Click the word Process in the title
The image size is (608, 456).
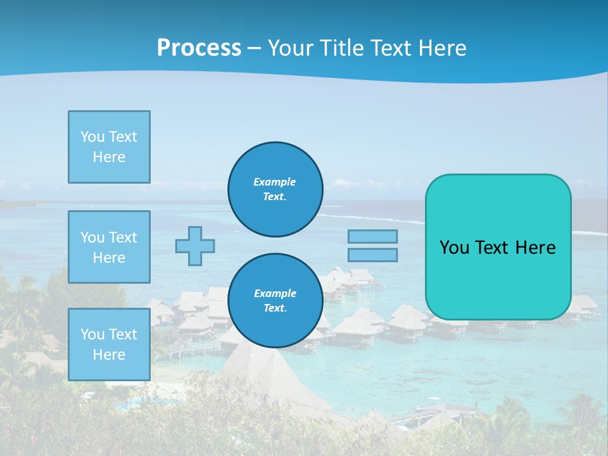[x=199, y=48]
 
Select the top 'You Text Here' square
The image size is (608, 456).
[x=109, y=147]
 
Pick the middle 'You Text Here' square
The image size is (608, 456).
[x=109, y=247]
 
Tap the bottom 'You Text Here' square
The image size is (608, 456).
[x=109, y=345]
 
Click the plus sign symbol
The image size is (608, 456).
[x=195, y=246]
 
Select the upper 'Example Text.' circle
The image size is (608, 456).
[x=275, y=189]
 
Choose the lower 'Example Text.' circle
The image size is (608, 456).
[x=275, y=301]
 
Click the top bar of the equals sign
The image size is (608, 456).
[x=372, y=237]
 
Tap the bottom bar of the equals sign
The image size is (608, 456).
[x=372, y=255]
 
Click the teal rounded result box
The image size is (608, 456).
[x=498, y=279]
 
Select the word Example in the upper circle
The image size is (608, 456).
[x=275, y=182]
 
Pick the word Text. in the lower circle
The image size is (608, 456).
[x=275, y=308]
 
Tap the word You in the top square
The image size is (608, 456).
[x=92, y=137]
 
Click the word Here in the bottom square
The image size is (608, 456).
[x=109, y=355]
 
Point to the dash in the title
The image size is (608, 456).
[x=254, y=48]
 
